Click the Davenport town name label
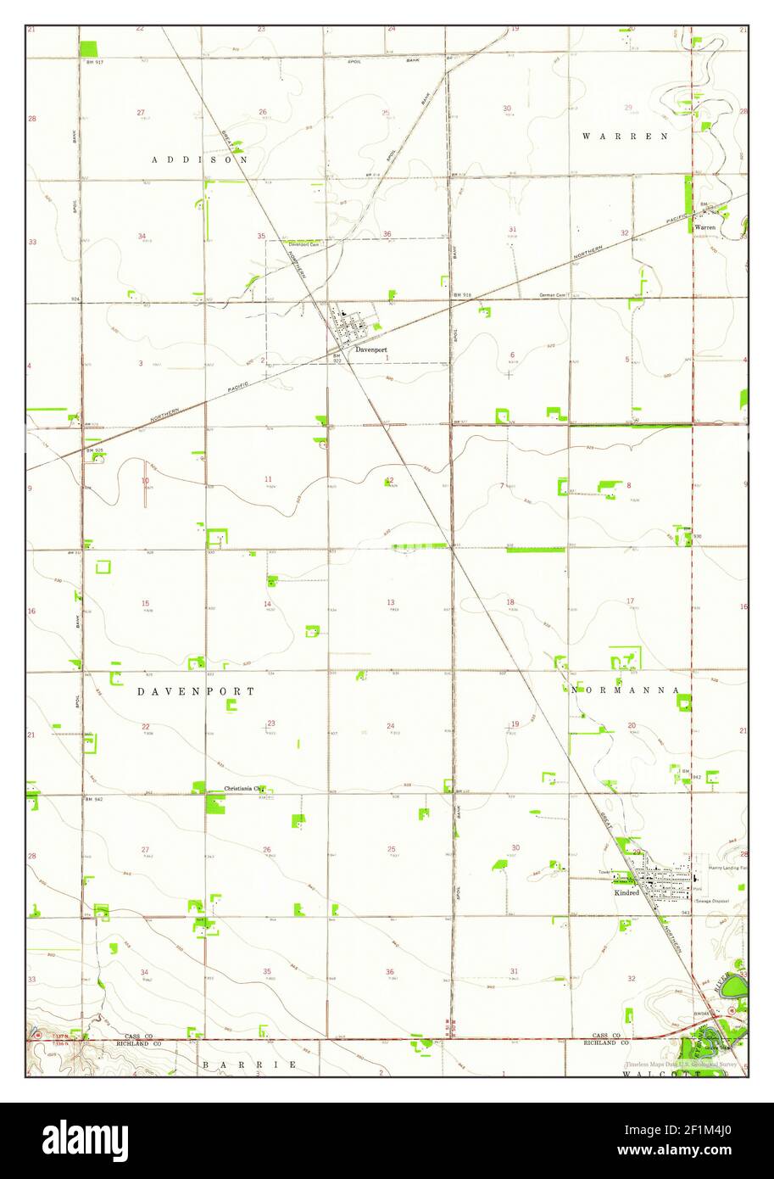[371, 349]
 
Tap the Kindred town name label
[626, 892]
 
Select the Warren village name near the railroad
[705, 227]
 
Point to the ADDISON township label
[200, 159]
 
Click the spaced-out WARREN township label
[626, 136]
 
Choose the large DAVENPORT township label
[196, 691]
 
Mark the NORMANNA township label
[625, 690]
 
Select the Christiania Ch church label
[243, 789]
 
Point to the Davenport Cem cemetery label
[303, 245]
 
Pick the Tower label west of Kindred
[604, 872]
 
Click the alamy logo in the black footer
[86, 1140]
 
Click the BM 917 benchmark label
[93, 63]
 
